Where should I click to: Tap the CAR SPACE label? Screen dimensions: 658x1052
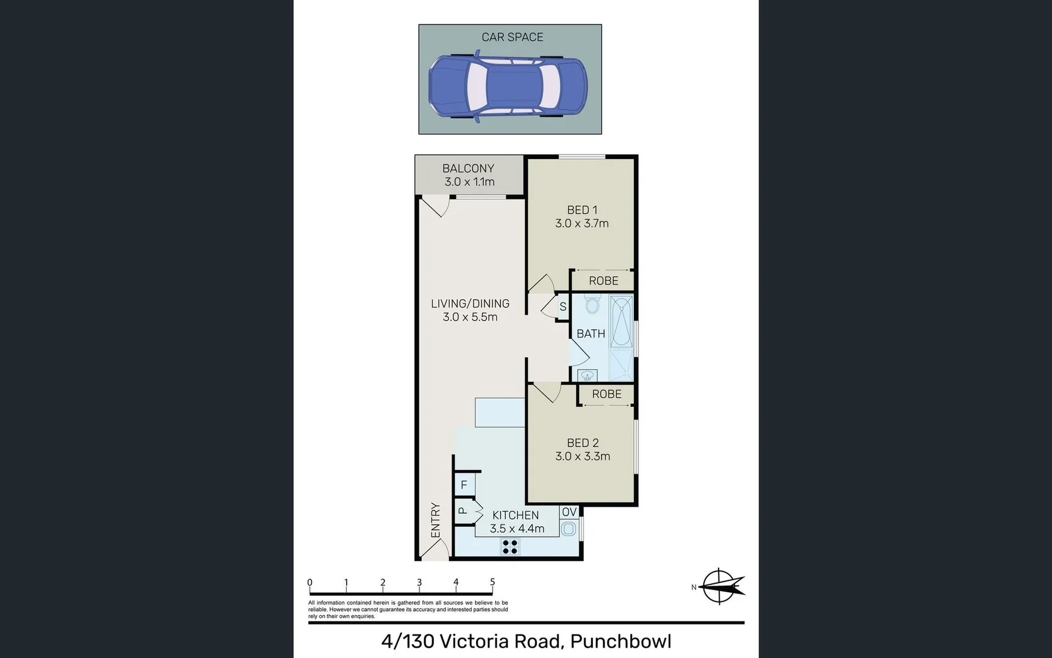[x=512, y=37]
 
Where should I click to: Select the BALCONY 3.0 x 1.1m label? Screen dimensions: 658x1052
[x=469, y=175]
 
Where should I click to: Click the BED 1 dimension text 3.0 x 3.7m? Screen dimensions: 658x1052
[x=581, y=224]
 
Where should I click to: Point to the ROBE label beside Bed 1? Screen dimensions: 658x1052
[x=603, y=281]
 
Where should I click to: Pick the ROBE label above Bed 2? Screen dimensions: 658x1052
[x=606, y=394]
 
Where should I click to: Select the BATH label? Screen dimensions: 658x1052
[x=591, y=334]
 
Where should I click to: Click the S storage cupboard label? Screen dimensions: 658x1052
[x=563, y=307]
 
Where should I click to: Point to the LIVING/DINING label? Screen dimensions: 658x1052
[x=470, y=303]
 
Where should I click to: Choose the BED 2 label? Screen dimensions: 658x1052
[x=582, y=443]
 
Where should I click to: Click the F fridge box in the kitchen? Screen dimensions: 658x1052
[x=464, y=485]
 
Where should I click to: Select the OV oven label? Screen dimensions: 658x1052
[x=569, y=512]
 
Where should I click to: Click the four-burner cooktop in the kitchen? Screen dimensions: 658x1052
[x=510, y=547]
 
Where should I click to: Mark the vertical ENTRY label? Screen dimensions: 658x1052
[x=435, y=520]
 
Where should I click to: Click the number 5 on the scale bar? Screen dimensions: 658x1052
[x=492, y=582]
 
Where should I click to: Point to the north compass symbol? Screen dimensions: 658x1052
[x=720, y=586]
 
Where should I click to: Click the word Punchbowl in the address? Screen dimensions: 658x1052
[x=620, y=642]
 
